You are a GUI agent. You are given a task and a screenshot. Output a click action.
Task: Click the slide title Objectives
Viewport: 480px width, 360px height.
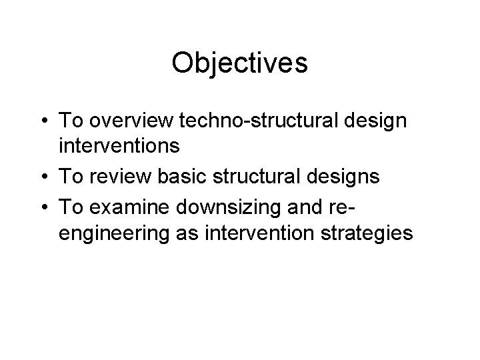pyautogui.click(x=239, y=63)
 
